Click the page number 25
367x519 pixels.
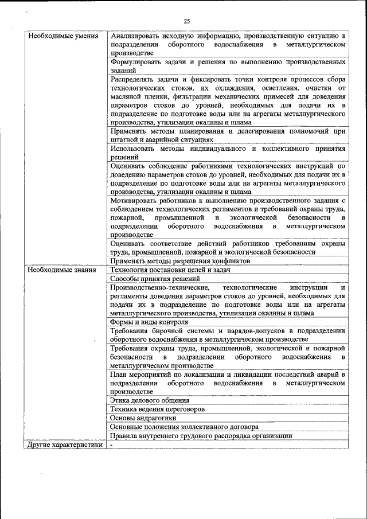pyautogui.click(x=186, y=21)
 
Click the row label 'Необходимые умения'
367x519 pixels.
pyautogui.click(x=60, y=36)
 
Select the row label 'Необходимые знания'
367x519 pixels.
pyautogui.click(x=58, y=270)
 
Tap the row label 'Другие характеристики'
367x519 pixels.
pyautogui.click(x=65, y=444)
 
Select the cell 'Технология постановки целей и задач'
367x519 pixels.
pyautogui.click(x=170, y=270)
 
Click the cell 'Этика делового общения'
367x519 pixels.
pyautogui.click(x=150, y=400)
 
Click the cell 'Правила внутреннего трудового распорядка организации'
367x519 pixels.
pyautogui.click(x=201, y=436)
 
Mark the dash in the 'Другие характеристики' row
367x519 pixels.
pyautogui.click(x=112, y=444)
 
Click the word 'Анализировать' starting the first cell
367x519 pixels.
pyautogui.click(x=135, y=36)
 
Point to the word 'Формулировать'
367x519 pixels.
pyautogui.click(x=136, y=61)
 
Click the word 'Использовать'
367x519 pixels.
pyautogui.click(x=133, y=148)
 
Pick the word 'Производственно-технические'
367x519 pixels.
pyautogui.click(x=158, y=287)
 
